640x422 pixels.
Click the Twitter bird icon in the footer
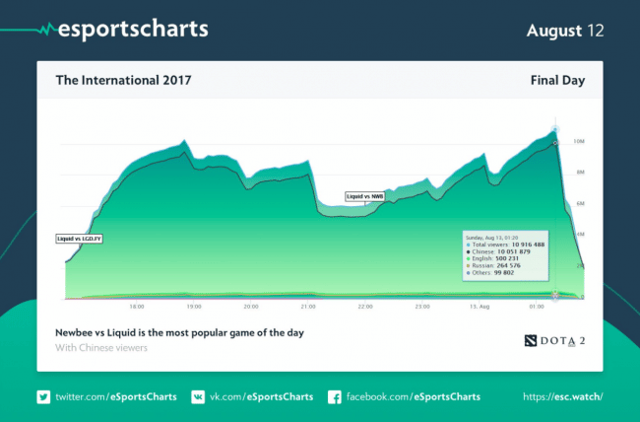coord(43,396)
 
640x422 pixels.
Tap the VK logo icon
coord(198,396)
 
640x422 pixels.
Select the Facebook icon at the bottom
coord(334,396)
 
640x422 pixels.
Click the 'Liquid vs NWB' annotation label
coord(365,196)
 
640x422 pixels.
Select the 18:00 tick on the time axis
coord(137,307)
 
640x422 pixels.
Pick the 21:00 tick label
coord(308,307)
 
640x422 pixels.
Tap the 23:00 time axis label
coord(422,307)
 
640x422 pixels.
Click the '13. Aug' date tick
coord(479,307)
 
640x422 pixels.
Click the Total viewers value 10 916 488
coord(547,245)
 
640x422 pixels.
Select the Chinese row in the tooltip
coord(520,252)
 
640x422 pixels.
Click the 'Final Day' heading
coord(557,80)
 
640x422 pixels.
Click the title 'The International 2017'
coord(123,80)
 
